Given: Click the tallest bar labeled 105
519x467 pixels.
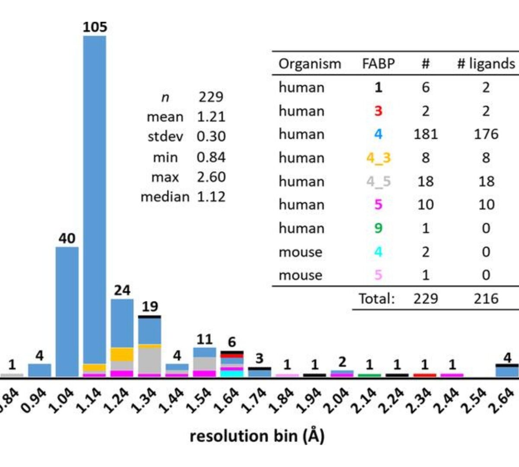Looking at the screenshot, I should (94, 195).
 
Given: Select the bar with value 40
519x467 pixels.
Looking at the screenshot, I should (67, 311).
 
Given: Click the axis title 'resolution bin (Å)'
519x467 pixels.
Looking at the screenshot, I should (257, 436).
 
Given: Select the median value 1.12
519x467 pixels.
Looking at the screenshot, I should (211, 197).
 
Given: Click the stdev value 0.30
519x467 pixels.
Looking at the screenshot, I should (211, 136).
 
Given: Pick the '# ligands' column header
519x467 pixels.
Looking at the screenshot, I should (486, 64).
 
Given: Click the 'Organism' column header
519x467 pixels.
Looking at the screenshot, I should (310, 64).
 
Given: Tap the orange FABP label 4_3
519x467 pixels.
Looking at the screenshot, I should (378, 158).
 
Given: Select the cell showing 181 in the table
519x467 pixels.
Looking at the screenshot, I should (426, 134).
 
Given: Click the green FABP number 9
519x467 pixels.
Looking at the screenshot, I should (378, 228).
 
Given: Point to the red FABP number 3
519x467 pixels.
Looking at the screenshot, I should (378, 111).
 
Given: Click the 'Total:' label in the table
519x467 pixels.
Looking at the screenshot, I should (377, 298).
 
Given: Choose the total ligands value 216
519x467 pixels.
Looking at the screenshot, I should (486, 298).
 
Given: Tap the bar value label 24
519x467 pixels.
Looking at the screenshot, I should (122, 290).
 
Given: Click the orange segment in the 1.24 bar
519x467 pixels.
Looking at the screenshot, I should (122, 355).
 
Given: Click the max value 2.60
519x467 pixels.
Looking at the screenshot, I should (211, 177).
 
